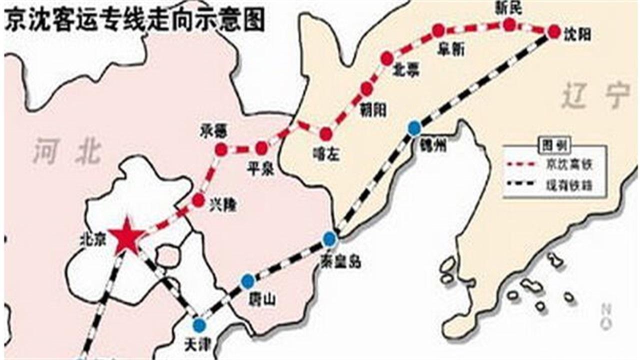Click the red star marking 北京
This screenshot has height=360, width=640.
click(x=127, y=236)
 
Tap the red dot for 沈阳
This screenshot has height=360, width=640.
click(x=553, y=31)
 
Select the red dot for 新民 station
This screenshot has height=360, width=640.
click(x=509, y=24)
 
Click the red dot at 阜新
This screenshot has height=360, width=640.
click(x=438, y=31)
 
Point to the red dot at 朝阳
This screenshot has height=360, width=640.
click(x=366, y=89)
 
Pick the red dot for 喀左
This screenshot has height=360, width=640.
click(x=325, y=134)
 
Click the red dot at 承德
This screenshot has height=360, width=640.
click(x=220, y=149)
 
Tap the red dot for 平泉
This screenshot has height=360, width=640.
click(x=261, y=148)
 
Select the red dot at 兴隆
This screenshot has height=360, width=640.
click(x=198, y=200)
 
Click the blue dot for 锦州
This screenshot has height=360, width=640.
click(x=414, y=128)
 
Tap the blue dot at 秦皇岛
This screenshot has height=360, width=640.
click(x=328, y=239)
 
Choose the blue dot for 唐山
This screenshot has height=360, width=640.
click(x=247, y=281)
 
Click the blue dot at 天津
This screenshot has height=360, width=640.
click(x=199, y=325)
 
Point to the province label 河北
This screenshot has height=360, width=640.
click(x=67, y=152)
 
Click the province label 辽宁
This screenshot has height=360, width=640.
click(x=595, y=96)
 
